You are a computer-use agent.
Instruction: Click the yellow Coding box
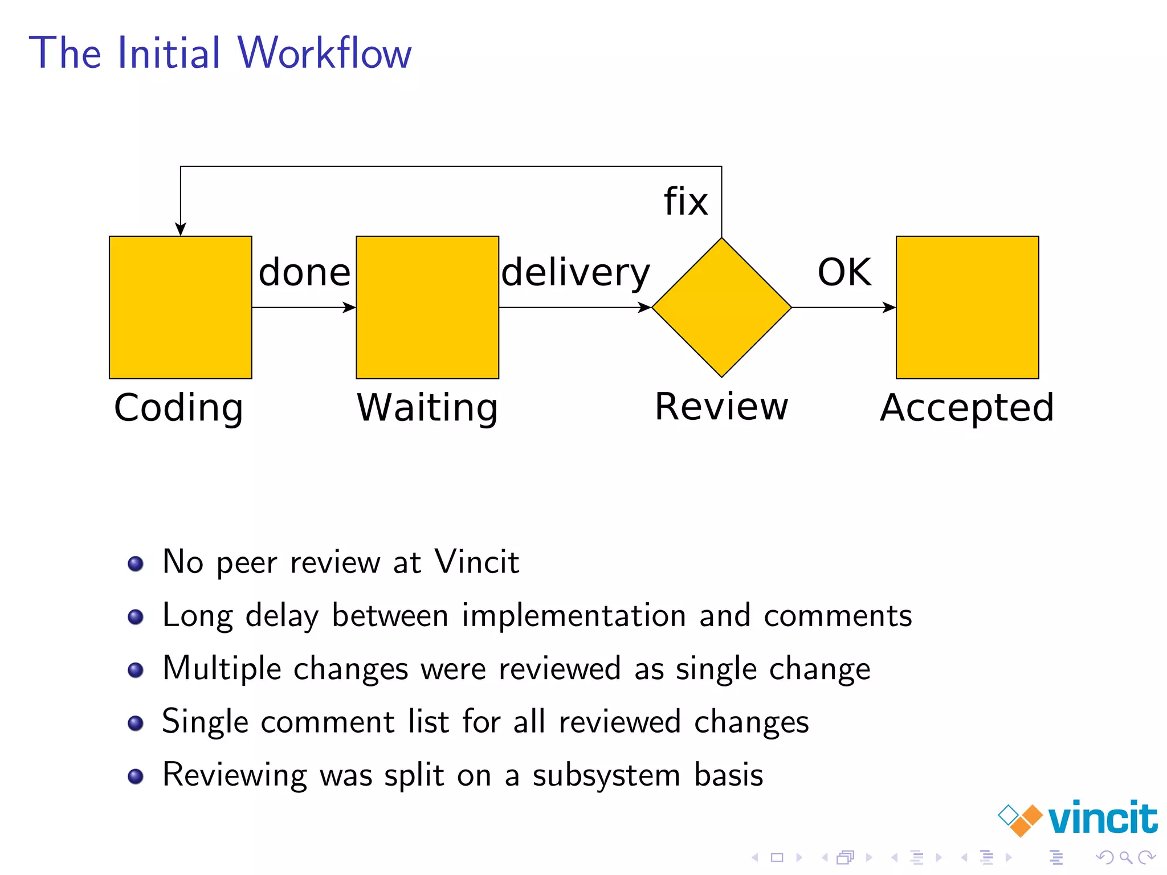pos(180,307)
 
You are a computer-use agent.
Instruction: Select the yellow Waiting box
pos(427,307)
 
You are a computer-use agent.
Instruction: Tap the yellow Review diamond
pos(721,307)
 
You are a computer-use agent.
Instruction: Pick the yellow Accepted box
pos(967,307)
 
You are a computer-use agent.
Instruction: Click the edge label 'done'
pos(304,272)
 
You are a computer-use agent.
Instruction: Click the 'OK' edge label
pos(844,272)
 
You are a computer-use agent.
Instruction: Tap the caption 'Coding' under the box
pos(179,408)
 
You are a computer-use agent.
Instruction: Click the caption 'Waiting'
pos(427,408)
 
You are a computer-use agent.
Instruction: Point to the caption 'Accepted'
pos(967,408)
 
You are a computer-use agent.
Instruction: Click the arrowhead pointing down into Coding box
pos(181,229)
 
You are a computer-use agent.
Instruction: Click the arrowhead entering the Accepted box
pos(889,308)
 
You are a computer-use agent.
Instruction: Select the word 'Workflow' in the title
pos(324,53)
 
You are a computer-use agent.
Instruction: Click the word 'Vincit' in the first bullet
pos(476,562)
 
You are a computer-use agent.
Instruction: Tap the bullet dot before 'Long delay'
pos(136,617)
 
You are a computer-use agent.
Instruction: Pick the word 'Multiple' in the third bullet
pos(222,668)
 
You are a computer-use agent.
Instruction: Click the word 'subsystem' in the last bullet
pos(606,775)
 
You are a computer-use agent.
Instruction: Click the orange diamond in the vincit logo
pos(1026,820)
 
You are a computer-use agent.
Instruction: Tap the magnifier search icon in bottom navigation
pos(1126,857)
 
